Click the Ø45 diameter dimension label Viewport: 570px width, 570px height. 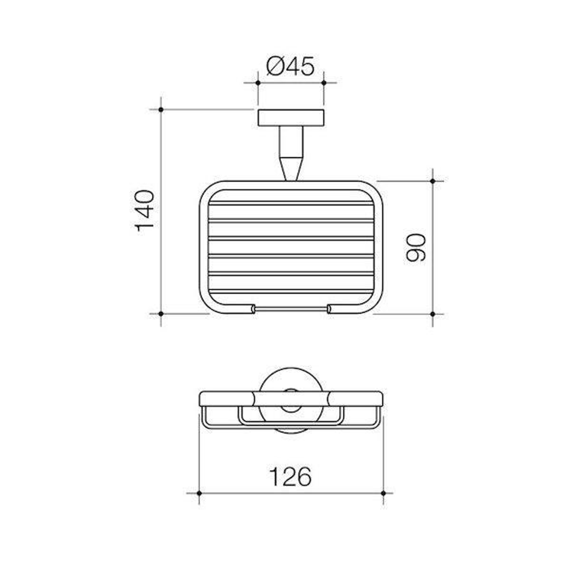(x=290, y=67)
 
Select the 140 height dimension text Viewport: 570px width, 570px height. (x=145, y=211)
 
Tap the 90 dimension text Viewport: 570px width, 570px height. (x=417, y=247)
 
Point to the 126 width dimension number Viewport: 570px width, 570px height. (x=290, y=477)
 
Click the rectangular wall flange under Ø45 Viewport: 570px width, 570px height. (x=291, y=118)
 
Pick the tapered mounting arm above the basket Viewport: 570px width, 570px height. (x=291, y=153)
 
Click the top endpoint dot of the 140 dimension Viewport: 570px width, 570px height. (x=160, y=109)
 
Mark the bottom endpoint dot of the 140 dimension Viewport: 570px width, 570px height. (x=160, y=313)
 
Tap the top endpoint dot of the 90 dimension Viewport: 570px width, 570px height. (x=433, y=181)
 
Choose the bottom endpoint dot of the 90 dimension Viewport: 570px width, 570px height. (x=433, y=313)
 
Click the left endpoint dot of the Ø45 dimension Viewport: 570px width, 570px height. (x=258, y=83)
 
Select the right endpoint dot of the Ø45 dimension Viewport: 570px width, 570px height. (x=324, y=83)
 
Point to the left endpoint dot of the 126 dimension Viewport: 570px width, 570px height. (x=199, y=493)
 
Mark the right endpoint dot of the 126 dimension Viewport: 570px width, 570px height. (x=383, y=493)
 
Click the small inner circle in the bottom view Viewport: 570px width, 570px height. (x=290, y=400)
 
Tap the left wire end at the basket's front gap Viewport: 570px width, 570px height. (x=252, y=308)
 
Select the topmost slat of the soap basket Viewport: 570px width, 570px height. (x=291, y=203)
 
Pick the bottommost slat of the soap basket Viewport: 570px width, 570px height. (x=291, y=275)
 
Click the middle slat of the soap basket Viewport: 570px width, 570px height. (x=291, y=239)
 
